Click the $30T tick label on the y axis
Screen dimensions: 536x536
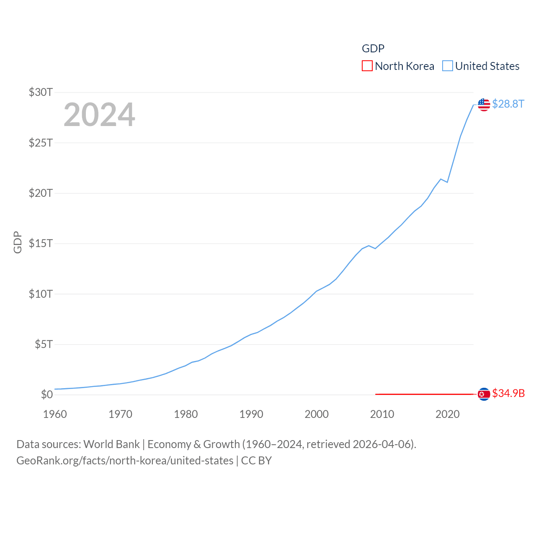41,92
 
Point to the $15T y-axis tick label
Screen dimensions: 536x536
41,243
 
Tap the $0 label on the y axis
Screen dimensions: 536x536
46,394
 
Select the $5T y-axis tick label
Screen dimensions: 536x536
44,344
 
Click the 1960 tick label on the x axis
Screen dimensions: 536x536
55,414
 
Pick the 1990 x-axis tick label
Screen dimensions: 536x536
251,414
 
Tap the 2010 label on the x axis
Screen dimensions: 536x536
382,414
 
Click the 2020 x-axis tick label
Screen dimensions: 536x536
448,414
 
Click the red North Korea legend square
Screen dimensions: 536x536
367,66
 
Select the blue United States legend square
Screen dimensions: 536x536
448,66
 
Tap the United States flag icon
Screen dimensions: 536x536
484,105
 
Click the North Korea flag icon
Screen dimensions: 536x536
484,394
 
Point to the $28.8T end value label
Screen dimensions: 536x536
508,104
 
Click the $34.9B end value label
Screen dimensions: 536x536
508,393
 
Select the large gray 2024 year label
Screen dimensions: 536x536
99,115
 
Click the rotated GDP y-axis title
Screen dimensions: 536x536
18,242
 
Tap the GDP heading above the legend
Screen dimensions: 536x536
373,49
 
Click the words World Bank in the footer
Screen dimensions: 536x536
112,444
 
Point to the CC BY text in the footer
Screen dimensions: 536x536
256,461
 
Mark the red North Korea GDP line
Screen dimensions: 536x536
423,394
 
